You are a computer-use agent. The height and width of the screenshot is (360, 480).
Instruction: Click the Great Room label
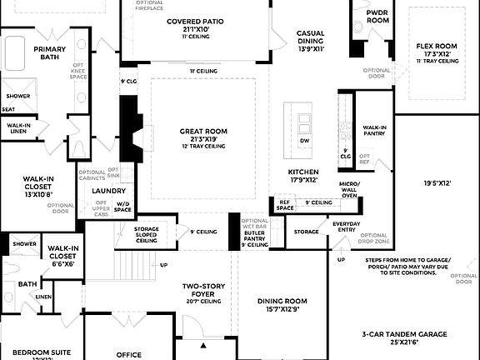tap(203, 131)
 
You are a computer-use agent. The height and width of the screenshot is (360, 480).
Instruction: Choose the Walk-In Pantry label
tap(374, 130)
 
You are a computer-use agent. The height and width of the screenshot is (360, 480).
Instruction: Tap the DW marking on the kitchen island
tap(305, 141)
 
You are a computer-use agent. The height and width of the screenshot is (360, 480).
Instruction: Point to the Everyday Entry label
tap(347, 225)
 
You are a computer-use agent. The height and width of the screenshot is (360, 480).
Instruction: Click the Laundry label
tap(108, 190)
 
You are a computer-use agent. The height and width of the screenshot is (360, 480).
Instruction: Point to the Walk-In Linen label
tap(18, 127)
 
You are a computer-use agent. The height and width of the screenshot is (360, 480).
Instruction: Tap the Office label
tap(129, 354)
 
